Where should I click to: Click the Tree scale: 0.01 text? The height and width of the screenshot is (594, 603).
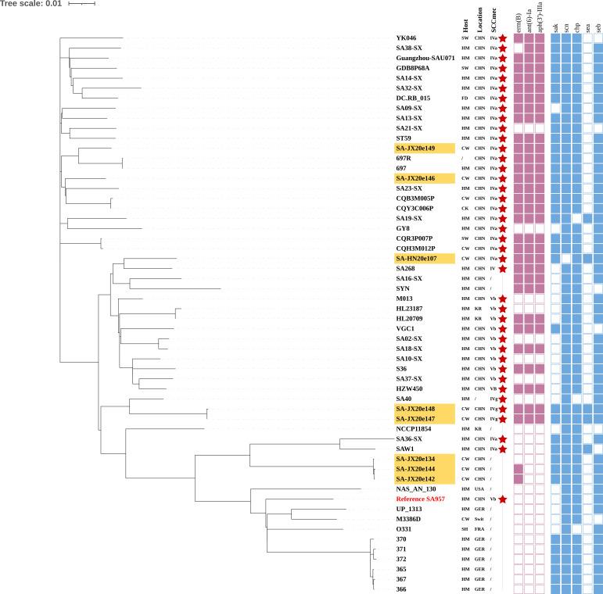pos(31,4)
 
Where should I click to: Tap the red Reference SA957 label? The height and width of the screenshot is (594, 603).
pos(423,499)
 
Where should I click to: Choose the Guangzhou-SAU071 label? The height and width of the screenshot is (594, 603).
pos(425,59)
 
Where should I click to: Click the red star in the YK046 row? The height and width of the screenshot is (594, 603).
pos(503,38)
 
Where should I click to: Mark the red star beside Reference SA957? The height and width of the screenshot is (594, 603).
pos(503,499)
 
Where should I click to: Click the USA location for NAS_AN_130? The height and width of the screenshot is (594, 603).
pos(479,488)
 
